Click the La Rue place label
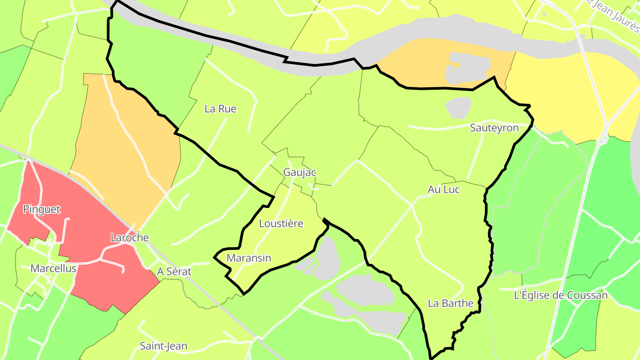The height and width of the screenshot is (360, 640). click(220, 109)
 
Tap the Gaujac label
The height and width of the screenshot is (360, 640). click(299, 172)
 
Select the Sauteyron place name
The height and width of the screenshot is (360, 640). click(494, 128)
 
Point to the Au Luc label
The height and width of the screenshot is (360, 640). click(444, 190)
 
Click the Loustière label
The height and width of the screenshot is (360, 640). click(281, 224)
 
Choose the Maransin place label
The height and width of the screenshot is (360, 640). click(249, 258)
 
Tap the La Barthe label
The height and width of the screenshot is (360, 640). click(451, 304)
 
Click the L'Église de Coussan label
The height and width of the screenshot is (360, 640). click(560, 295)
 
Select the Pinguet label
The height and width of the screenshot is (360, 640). click(42, 209)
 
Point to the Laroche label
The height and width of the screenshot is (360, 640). click(129, 238)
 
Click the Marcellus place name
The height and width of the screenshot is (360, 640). click(53, 268)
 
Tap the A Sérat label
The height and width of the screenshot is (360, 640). click(174, 272)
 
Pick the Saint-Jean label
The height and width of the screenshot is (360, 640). click(164, 346)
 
